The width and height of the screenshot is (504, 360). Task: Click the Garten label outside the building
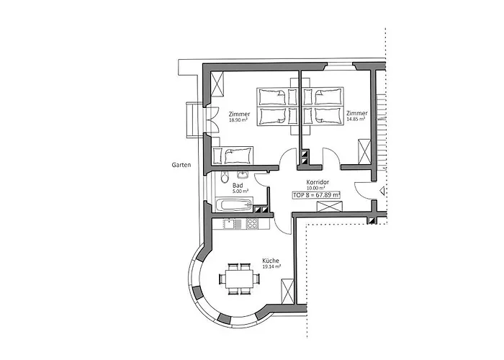[181, 165]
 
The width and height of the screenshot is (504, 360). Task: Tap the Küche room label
[271, 261]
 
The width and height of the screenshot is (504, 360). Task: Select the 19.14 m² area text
[271, 266]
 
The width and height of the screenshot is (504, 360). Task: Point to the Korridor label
[318, 182]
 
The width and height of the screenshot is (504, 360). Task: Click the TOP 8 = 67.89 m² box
[316, 195]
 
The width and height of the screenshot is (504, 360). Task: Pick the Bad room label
[238, 186]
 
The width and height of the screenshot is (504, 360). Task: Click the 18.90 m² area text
[238, 120]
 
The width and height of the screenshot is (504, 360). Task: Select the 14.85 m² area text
[356, 120]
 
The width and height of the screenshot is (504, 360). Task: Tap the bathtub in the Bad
[234, 204]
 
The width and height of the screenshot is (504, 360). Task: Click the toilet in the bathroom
[225, 177]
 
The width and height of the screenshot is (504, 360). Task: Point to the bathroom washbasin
[243, 174]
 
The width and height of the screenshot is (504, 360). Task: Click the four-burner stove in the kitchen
[252, 224]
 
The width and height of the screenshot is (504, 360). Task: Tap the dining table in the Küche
[240, 279]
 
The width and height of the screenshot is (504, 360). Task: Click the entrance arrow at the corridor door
[382, 192]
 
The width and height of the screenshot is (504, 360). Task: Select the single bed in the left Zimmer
[233, 156]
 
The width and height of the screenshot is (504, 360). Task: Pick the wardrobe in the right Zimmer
[364, 152]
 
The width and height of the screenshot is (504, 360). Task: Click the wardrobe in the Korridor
[329, 206]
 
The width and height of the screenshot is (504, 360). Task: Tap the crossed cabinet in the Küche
[287, 292]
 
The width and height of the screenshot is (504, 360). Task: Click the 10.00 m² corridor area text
[316, 188]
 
